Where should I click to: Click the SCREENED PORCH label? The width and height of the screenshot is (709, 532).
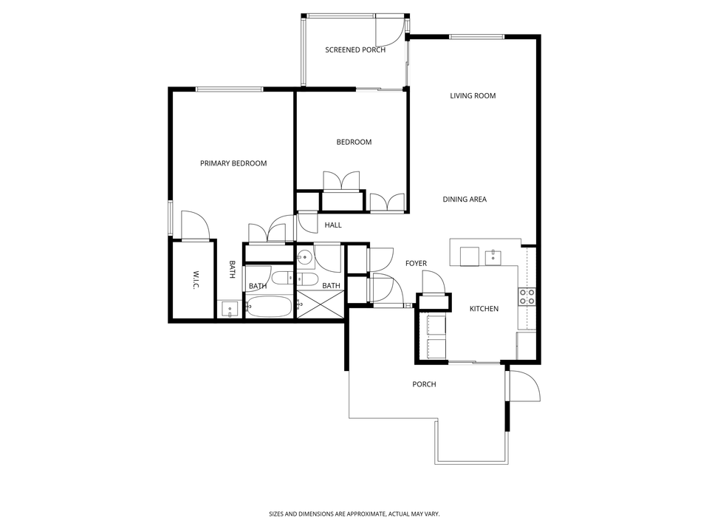355,50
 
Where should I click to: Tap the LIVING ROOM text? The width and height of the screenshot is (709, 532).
473,95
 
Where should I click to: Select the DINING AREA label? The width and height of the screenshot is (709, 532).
465,199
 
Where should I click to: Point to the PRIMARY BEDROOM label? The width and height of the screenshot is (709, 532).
233,163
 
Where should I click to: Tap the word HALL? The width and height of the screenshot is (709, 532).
333,225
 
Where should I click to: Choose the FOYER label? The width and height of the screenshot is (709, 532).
416,263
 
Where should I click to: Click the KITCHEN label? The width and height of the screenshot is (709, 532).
484,309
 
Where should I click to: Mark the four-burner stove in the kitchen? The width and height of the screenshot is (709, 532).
527,297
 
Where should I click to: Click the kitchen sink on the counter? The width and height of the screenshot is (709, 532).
493,257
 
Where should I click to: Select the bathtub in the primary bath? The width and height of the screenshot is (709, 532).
269,307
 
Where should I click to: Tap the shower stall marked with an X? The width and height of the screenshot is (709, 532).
320,305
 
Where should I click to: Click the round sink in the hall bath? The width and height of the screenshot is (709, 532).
304,257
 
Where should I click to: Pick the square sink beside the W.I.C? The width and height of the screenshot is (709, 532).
229,309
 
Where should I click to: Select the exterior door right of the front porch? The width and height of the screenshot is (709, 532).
521,385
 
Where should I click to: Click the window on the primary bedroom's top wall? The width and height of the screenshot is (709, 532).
229,89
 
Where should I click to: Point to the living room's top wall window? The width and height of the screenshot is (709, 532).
477,36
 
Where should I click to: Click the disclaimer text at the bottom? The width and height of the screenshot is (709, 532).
354,514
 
